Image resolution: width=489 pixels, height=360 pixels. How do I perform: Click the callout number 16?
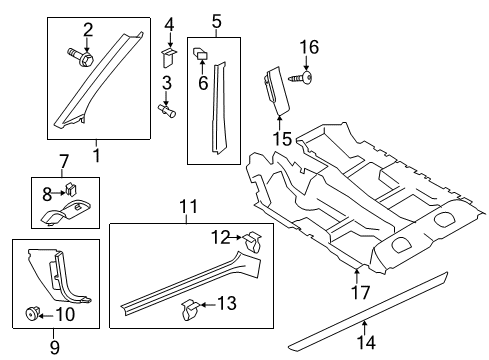click(309, 47)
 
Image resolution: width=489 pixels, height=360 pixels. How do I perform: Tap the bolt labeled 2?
click(81, 58)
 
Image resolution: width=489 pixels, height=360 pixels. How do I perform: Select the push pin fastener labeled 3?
click(167, 110)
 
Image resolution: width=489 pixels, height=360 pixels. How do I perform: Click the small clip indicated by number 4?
click(169, 58)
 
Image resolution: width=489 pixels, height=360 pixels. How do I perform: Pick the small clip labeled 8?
click(71, 189)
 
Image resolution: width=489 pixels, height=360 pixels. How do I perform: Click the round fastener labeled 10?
click(32, 314)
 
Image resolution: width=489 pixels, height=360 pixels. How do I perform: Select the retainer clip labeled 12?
click(252, 242)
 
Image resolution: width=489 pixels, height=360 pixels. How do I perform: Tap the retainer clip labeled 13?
click(191, 309)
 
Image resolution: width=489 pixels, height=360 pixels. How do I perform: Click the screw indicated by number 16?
click(301, 78)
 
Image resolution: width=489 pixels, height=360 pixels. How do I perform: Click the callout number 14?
click(366, 342)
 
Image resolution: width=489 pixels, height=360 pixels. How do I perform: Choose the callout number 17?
click(360, 292)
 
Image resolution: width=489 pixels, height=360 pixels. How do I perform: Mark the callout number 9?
click(55, 347)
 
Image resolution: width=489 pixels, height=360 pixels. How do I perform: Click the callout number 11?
click(189, 206)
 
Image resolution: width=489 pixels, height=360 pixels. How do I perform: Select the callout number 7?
click(64, 161)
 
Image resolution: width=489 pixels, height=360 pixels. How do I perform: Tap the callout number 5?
click(216, 21)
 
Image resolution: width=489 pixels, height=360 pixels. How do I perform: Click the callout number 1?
click(96, 155)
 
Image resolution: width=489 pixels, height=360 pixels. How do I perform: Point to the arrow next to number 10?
click(47, 314)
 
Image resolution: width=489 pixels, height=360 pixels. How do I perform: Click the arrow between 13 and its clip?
click(208, 304)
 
